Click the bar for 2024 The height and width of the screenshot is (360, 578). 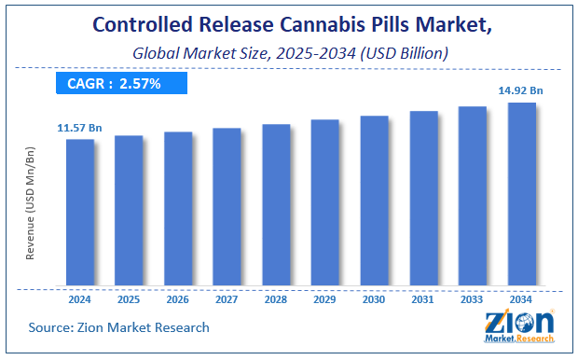click(80, 213)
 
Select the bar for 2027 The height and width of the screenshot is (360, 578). click(227, 206)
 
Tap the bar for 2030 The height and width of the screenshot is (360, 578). click(374, 201)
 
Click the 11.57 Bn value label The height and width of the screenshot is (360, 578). click(78, 126)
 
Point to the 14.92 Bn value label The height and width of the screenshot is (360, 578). click(521, 90)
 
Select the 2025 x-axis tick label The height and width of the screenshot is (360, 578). click(129, 300)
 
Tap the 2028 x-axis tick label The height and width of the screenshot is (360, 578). click(276, 300)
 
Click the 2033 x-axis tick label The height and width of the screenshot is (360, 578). click(473, 300)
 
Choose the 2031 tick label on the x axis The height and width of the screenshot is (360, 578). click(423, 300)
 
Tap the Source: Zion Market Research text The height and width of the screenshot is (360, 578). click(120, 327)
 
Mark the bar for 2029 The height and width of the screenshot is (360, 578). click(324, 202)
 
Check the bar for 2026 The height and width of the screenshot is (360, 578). click(178, 209)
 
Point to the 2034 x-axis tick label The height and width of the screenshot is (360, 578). click(521, 300)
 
